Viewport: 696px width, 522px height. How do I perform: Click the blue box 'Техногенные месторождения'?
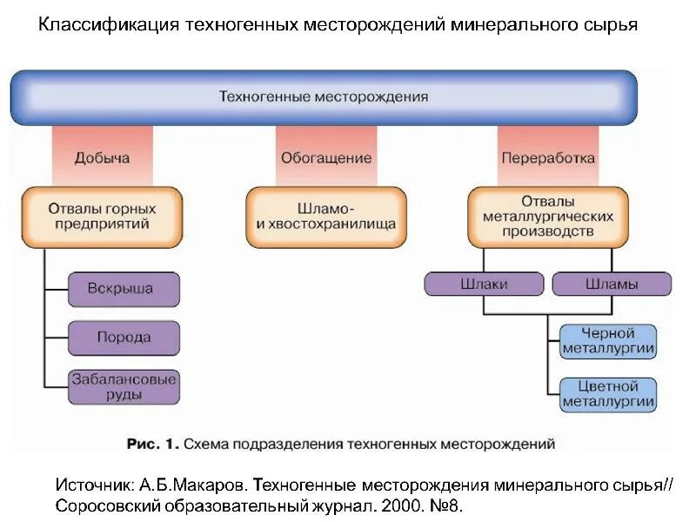pyautogui.click(x=324, y=97)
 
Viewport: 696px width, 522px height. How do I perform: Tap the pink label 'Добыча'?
pyautogui.click(x=102, y=157)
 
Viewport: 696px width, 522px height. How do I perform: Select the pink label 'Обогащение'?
pyautogui.click(x=326, y=157)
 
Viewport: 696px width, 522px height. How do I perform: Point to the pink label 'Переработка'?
pyautogui.click(x=548, y=157)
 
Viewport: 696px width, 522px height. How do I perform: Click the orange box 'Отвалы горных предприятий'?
pyautogui.click(x=102, y=217)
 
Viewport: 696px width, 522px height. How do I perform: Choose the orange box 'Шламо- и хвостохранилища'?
pyautogui.click(x=326, y=217)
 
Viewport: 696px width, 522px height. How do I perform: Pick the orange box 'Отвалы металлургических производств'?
pyautogui.click(x=548, y=217)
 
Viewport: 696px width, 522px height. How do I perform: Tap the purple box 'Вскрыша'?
pyautogui.click(x=124, y=289)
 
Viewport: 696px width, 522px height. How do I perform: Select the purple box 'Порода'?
pyautogui.click(x=124, y=338)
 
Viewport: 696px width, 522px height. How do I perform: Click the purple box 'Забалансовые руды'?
pyautogui.click(x=124, y=386)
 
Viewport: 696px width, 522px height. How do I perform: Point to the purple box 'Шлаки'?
pyautogui.click(x=484, y=284)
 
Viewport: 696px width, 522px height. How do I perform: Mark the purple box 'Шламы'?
pyautogui.click(x=612, y=284)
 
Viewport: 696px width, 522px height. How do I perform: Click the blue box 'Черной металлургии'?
pyautogui.click(x=608, y=341)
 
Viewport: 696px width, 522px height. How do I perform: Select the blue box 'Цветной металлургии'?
pyautogui.click(x=608, y=393)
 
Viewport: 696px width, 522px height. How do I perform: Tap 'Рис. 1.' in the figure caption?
pyautogui.click(x=152, y=444)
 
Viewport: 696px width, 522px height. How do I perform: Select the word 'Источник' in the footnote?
pyautogui.click(x=92, y=484)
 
